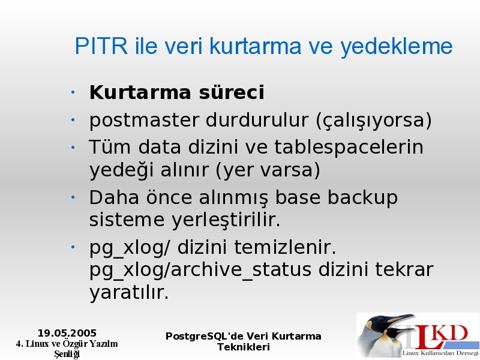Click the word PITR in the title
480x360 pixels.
101,46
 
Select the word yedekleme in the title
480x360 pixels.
397,47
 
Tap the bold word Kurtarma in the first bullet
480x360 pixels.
140,92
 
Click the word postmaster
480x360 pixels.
144,121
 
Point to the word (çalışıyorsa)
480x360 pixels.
373,121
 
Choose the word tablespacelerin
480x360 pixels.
349,148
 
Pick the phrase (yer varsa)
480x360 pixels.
268,170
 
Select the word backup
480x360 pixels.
362,197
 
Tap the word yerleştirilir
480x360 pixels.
226,220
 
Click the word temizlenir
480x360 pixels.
285,247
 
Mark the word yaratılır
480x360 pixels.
129,293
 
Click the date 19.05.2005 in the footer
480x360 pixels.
67,333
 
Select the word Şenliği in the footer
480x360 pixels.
67,354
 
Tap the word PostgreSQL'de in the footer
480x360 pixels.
205,337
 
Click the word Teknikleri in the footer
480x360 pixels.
244,347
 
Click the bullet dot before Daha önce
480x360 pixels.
73,197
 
